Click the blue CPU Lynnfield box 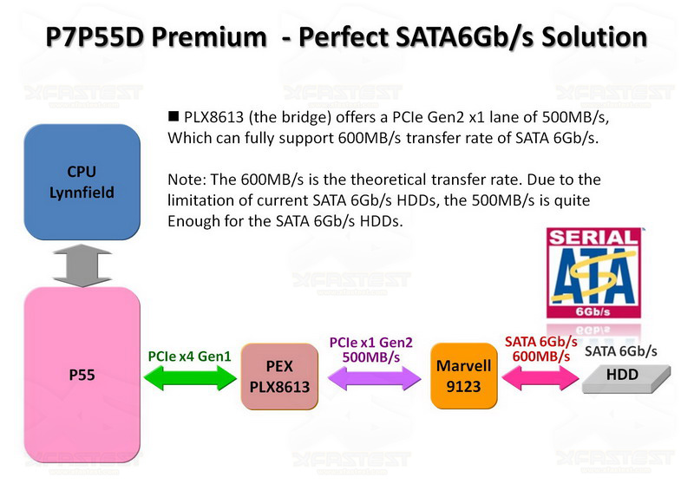82,182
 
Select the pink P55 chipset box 82,375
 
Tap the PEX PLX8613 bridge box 279,376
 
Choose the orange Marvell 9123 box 463,376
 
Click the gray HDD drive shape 625,379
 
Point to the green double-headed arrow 190,378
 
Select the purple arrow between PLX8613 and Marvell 375,378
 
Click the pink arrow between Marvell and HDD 540,378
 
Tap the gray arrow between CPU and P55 82,265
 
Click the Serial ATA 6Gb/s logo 593,273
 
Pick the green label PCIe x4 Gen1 189,356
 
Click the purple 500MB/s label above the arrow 371,357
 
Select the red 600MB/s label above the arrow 540,356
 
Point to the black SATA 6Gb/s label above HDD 620,351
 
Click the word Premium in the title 209,36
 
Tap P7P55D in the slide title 95,36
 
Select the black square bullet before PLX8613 173,116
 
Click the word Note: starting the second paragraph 187,180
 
